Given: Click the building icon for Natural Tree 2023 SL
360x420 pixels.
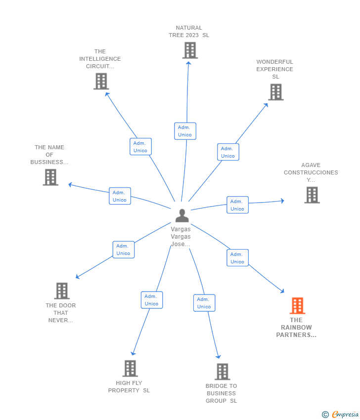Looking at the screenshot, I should tap(190, 50).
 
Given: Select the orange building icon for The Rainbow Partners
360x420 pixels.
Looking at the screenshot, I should tap(297, 306).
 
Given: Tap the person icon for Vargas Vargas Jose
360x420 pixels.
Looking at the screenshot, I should tap(182, 215).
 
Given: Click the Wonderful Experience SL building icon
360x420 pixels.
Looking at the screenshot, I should tap(276, 92).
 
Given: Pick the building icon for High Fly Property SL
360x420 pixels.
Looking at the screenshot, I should tap(130, 369).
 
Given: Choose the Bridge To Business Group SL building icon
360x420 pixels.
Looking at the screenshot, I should tap(223, 372).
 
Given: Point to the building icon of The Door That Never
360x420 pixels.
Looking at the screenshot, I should tap(62, 291).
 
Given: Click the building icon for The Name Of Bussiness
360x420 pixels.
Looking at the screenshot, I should tap(50, 177).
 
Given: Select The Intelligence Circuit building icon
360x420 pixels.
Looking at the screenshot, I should tap(101, 81).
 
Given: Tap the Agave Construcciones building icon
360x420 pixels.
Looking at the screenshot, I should tap(312, 195).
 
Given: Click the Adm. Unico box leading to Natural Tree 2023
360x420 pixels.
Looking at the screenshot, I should tap(185, 131).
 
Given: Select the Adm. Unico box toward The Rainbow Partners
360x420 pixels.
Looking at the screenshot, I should tap(237, 258).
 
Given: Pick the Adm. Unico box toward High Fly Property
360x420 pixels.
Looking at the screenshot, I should tap(152, 300).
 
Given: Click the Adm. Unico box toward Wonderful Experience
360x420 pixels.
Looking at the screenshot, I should tap(228, 152).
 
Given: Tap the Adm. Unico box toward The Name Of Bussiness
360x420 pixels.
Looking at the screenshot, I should tap(120, 196).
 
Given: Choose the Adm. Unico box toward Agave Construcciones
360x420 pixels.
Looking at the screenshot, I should tap(237, 205).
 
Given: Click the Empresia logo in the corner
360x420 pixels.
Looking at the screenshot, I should tap(340, 415).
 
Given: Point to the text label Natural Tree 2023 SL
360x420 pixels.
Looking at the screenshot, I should tap(189, 32).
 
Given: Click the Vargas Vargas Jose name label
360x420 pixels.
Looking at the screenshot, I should tap(181, 237).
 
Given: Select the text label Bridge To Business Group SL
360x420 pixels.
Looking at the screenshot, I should tap(222, 393).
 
